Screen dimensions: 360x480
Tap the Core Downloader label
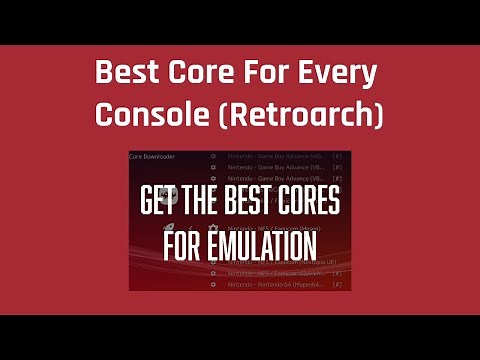pos(151,157)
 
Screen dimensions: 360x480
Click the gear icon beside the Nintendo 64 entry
pos(213,285)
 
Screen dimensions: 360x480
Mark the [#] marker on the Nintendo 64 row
pos(337,285)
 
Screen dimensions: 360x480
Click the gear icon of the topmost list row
pos(213,157)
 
